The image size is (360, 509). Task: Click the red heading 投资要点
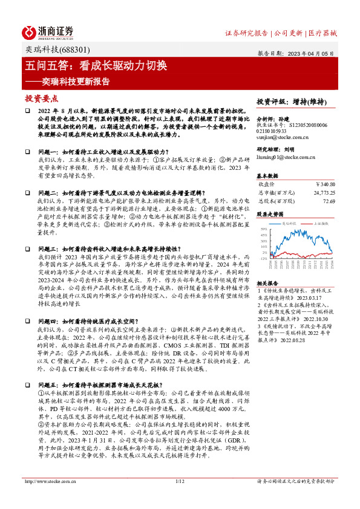[42, 98]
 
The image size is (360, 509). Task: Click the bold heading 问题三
[49, 248]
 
